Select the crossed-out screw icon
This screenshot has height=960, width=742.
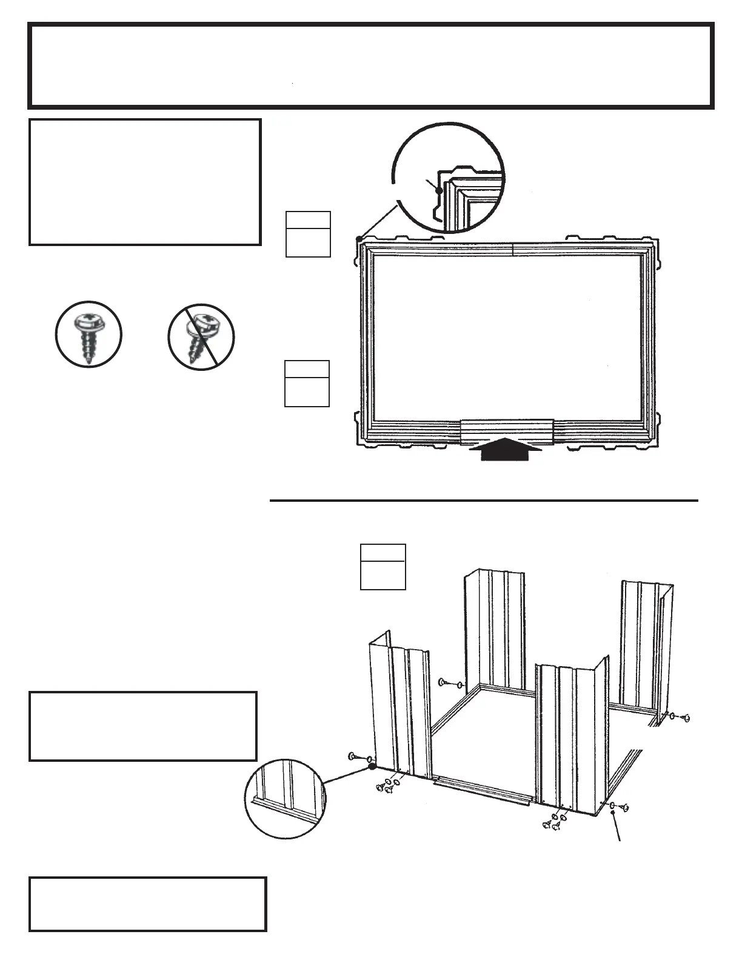[201, 337]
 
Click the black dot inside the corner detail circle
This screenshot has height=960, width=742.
[439, 190]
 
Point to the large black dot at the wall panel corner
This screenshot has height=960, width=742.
[371, 767]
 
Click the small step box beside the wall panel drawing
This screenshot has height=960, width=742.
[383, 567]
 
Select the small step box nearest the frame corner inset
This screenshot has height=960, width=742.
[308, 234]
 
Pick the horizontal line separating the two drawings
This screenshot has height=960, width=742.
[483, 501]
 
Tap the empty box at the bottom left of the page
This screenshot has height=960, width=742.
[147, 904]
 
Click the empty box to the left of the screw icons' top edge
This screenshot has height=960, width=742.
[145, 182]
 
